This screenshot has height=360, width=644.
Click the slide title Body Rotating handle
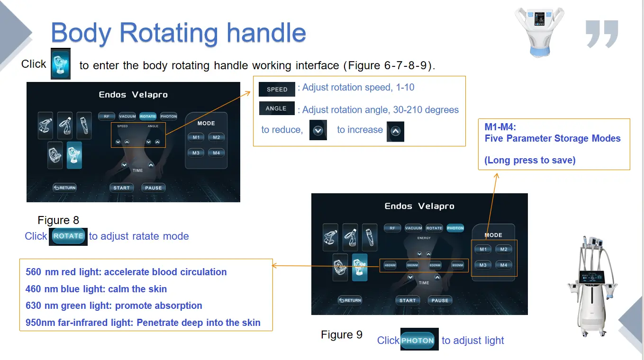tap(178, 33)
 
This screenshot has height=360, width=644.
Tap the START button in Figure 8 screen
tap(122, 188)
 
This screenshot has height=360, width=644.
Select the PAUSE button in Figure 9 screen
tap(440, 300)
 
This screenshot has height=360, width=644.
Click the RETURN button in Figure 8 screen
tap(64, 188)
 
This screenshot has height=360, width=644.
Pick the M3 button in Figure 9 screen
tap(483, 265)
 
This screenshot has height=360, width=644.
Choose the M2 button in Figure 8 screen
tap(216, 137)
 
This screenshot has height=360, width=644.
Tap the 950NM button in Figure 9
tap(457, 265)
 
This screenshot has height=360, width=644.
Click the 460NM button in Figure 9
tap(390, 265)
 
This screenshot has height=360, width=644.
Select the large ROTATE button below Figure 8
tap(68, 236)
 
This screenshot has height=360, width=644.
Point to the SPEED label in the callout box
tap(277, 89)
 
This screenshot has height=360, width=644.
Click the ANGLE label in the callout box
tap(276, 108)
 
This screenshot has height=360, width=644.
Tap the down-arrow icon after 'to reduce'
tap(318, 130)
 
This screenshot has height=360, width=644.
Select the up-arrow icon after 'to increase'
tap(395, 131)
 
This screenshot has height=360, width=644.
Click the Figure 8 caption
tap(58, 220)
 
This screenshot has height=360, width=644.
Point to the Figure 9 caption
tap(342, 335)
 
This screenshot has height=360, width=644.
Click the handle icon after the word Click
tap(61, 64)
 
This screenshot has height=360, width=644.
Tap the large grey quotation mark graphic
tap(602, 34)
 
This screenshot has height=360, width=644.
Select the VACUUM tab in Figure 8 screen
tap(127, 116)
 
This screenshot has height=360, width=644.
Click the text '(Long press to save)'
tap(530, 160)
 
